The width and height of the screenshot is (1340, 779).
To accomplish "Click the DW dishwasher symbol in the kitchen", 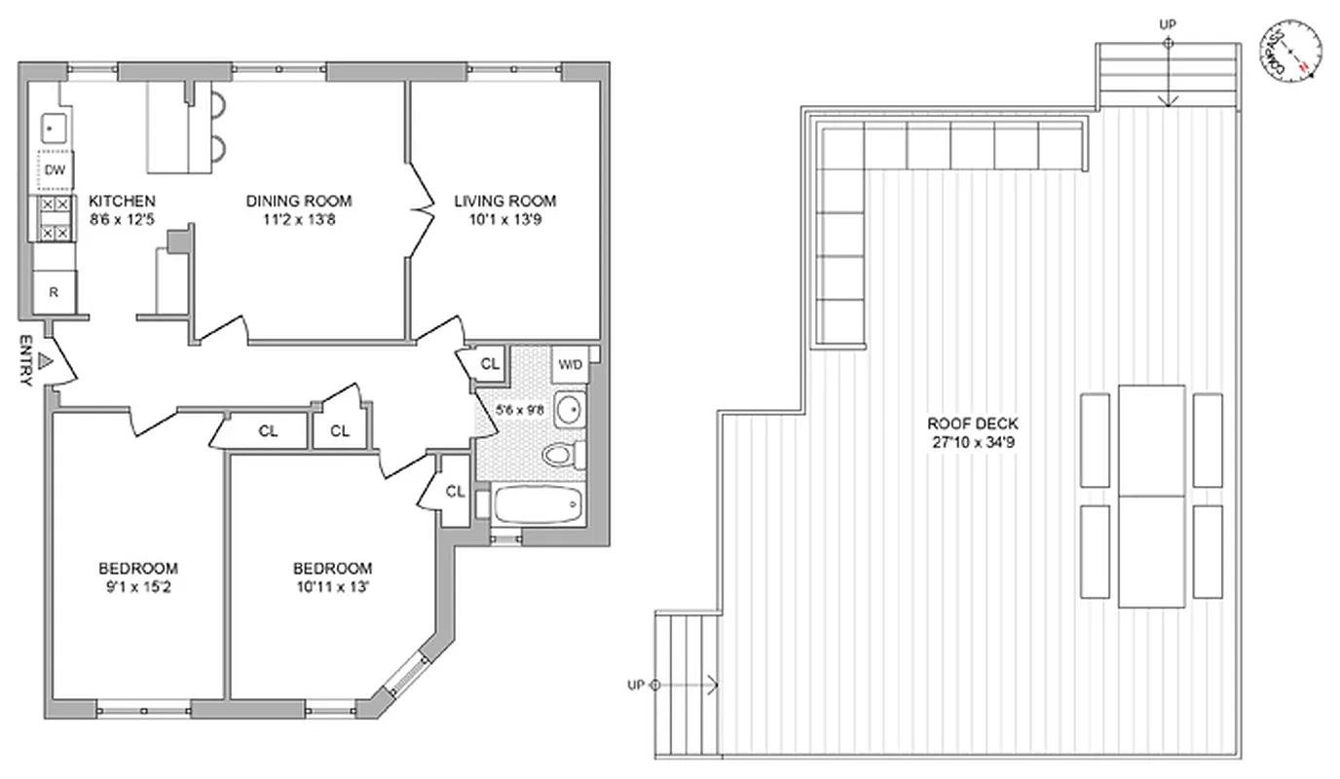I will (56, 171).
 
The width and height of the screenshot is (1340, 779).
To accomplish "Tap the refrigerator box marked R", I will (55, 292).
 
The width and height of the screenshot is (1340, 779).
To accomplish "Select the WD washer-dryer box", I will (570, 365).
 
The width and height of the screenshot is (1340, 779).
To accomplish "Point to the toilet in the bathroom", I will (562, 455).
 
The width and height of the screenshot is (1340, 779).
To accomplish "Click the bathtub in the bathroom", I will (538, 504).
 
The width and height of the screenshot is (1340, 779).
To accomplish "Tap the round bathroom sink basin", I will (570, 410).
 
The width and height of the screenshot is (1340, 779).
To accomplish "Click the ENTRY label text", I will (25, 362).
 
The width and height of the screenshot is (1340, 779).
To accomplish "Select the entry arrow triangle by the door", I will (43, 361).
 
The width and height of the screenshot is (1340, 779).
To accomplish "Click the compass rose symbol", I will (1291, 51).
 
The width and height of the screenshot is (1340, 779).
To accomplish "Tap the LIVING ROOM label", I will (505, 202).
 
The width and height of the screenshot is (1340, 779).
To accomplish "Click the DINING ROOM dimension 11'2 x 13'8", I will (298, 220).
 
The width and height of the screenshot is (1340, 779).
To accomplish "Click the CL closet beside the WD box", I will (490, 364).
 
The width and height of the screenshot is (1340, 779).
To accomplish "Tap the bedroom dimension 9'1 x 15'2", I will (137, 587).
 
